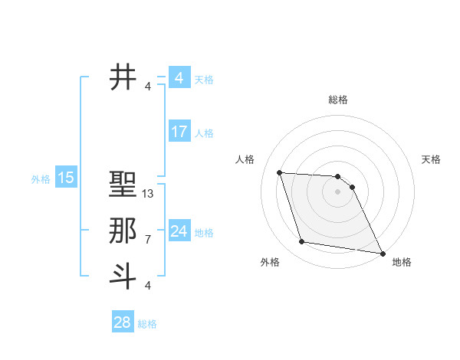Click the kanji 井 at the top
[x=123, y=77]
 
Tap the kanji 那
[x=123, y=231]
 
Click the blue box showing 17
[x=179, y=132]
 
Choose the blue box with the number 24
[x=179, y=231]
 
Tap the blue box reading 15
[x=66, y=178]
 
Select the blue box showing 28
[x=122, y=322]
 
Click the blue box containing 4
[x=179, y=78]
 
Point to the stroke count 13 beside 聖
[x=149, y=195]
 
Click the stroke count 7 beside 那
[x=148, y=240]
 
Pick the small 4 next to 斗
[x=148, y=286]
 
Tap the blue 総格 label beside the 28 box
[x=147, y=324]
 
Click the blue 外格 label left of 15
[x=41, y=179]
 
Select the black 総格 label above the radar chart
[x=338, y=100]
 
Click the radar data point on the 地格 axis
[x=382, y=253]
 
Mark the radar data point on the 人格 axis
[x=280, y=173]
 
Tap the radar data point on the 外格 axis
[x=302, y=242]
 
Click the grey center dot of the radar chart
[x=338, y=192]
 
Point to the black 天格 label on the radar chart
[x=432, y=159]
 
